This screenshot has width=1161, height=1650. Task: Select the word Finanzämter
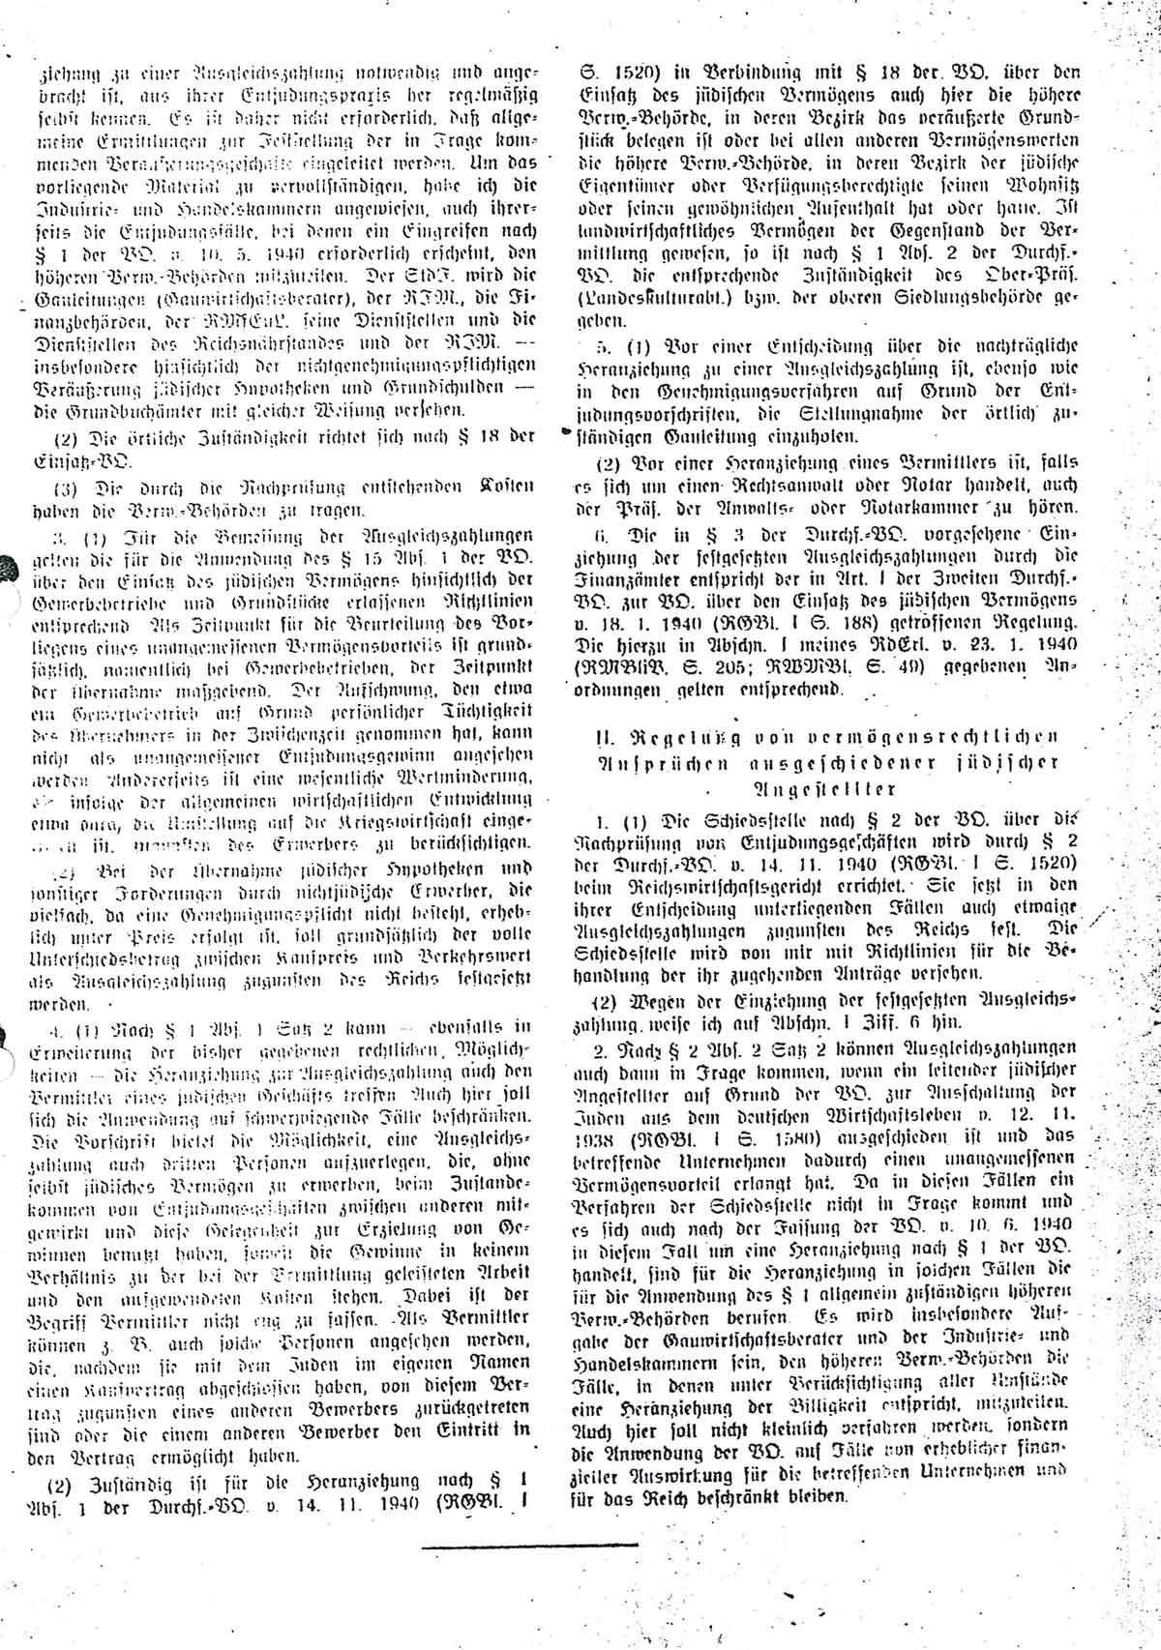tap(640, 600)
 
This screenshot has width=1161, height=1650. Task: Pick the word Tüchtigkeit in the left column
tap(480, 712)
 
